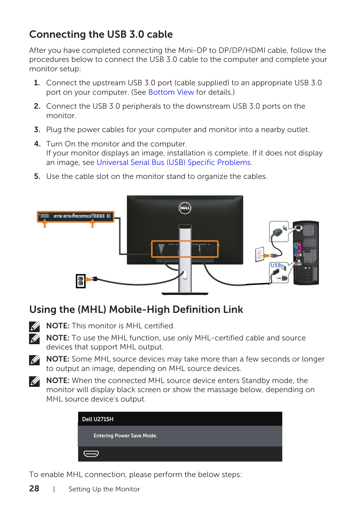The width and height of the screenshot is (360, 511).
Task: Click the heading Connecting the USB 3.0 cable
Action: click(101, 34)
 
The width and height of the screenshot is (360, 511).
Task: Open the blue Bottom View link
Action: click(171, 92)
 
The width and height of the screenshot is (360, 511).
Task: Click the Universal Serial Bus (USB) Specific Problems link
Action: click(174, 162)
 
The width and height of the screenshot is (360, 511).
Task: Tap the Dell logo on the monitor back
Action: click(185, 208)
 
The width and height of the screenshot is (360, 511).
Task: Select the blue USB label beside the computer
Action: click(275, 265)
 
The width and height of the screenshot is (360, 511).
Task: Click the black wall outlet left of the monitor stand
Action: click(80, 281)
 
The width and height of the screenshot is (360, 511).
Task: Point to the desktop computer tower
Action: click(306, 253)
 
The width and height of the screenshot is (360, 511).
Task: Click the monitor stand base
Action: click(185, 293)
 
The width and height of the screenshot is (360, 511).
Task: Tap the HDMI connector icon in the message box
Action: click(91, 454)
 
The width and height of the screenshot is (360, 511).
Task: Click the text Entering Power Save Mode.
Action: click(125, 436)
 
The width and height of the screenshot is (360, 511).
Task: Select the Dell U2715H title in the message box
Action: click(98, 419)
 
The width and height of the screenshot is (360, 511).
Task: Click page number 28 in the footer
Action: click(34, 488)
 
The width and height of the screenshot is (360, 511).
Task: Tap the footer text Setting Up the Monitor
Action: click(104, 489)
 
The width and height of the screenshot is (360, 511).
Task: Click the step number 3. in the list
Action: click(37, 129)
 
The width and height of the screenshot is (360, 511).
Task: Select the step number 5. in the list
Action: click(37, 176)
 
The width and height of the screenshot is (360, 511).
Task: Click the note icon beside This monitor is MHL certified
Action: click(34, 326)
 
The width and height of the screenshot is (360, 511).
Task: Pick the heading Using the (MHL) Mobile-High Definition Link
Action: click(136, 309)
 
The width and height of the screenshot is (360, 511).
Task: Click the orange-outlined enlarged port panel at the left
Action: click(75, 217)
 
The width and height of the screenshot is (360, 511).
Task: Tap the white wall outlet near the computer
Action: click(260, 254)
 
